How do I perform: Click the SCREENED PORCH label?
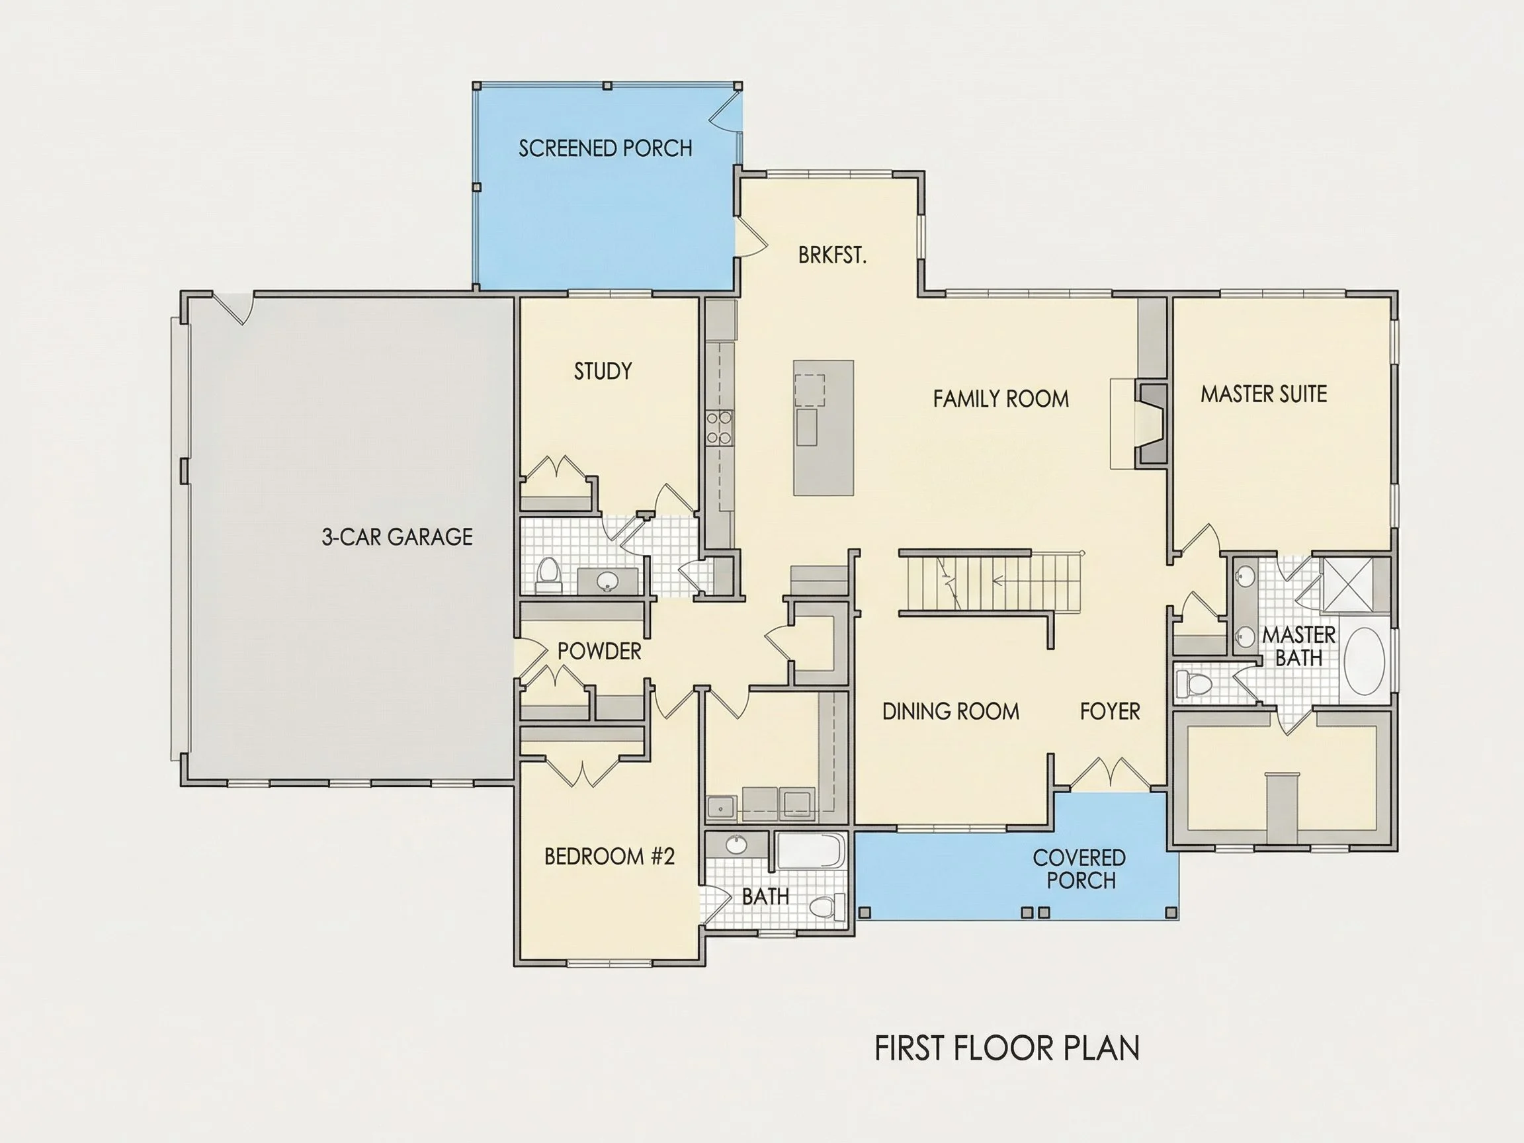(605, 148)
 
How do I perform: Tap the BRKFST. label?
(832, 255)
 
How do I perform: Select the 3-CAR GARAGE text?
(397, 536)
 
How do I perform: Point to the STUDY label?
(603, 371)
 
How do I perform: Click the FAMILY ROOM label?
(1001, 398)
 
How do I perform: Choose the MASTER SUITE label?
(1263, 394)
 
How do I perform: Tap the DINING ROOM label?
(951, 711)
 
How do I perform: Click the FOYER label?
(1110, 711)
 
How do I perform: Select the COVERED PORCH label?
(1079, 868)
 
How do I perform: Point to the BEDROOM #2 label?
(609, 857)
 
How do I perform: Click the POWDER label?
(599, 651)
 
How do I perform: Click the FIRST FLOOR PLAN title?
(1007, 1048)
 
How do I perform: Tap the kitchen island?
(824, 428)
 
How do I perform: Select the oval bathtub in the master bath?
(1364, 661)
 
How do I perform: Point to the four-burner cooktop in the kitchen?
(718, 428)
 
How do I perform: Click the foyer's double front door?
(1109, 774)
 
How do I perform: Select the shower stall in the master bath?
(1347, 585)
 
